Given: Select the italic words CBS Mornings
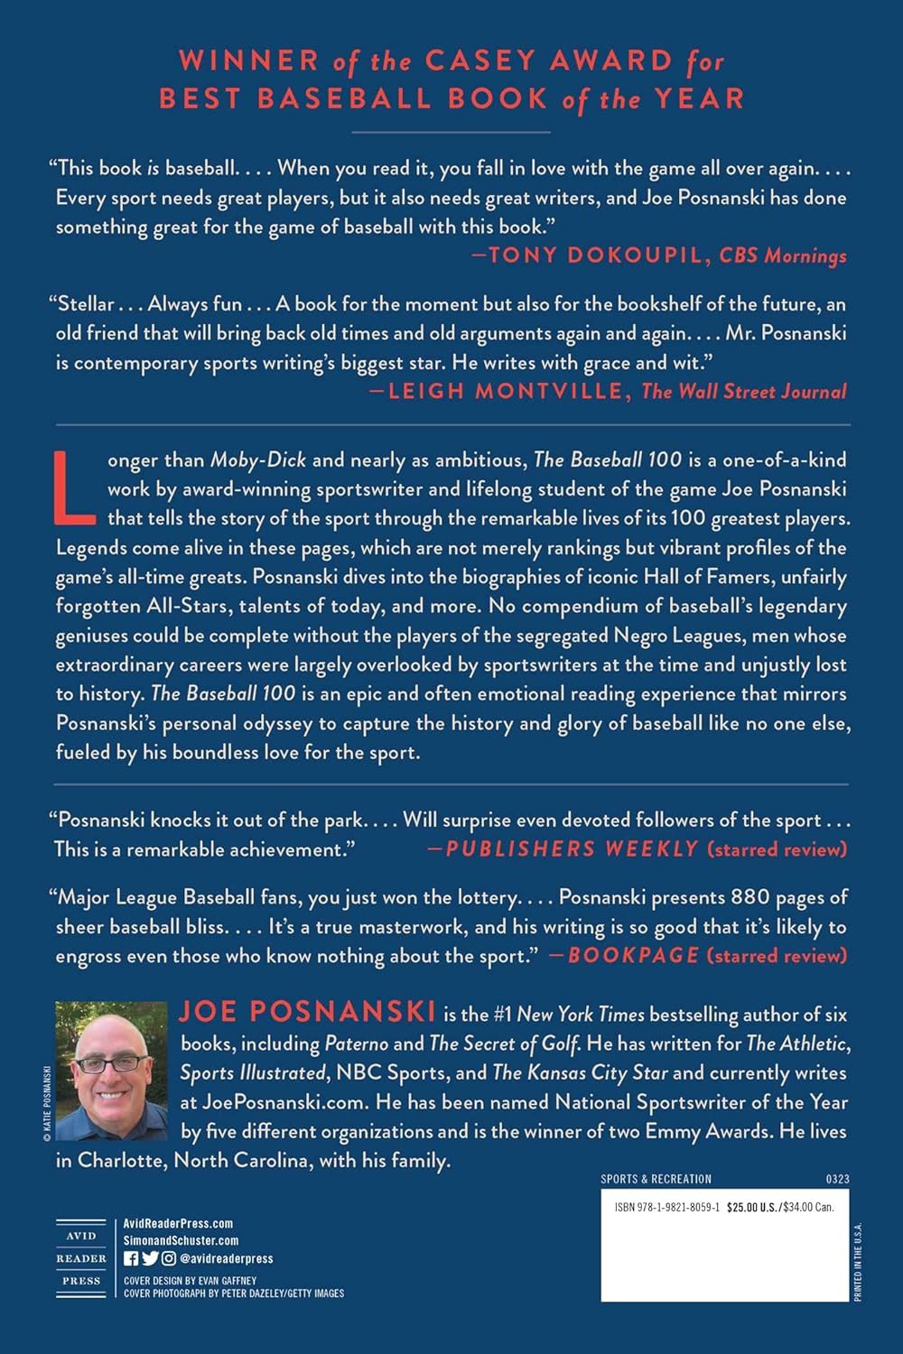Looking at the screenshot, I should (x=783, y=255).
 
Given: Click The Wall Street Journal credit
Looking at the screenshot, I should (x=744, y=391).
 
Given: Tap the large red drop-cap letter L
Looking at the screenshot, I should (x=74, y=487).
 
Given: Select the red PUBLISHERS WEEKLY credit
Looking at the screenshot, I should (x=573, y=849).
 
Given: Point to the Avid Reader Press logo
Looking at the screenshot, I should (x=81, y=1258).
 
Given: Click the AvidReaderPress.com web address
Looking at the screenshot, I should (x=178, y=1224).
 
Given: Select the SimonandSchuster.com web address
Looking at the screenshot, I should (x=181, y=1240).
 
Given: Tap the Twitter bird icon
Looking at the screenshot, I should (x=150, y=1258).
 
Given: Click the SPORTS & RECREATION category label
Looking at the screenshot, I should (x=656, y=1179).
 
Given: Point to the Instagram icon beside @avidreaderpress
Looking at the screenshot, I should (x=168, y=1258).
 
